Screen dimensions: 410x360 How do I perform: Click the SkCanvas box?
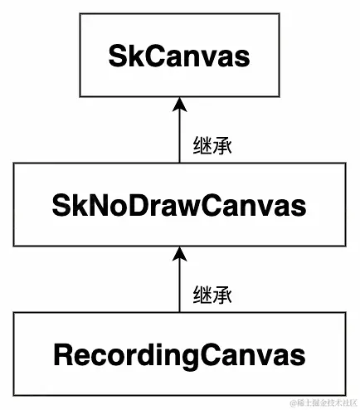[179, 56]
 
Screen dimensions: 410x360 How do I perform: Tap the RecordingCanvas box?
[179, 354]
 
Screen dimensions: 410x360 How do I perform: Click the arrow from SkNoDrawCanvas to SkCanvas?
[179, 133]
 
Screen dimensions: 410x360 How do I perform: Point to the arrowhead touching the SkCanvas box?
[179, 103]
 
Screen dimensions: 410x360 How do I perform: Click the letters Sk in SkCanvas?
[122, 56]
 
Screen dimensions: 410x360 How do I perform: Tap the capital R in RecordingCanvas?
[63, 354]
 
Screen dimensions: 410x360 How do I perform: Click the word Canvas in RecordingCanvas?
[254, 355]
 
